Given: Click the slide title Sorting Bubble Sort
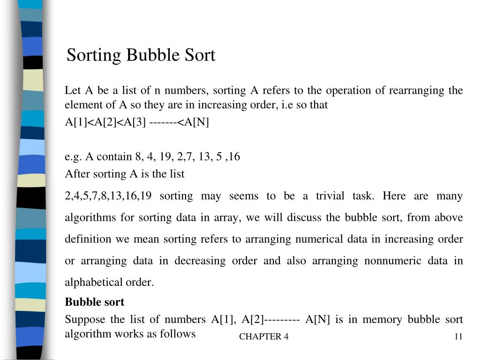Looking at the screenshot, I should (x=141, y=55).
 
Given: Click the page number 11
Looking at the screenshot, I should (x=458, y=337).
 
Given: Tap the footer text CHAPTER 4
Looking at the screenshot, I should (x=263, y=337).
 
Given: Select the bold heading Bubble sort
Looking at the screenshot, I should (x=94, y=302).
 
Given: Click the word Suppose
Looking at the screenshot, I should (x=85, y=320).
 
